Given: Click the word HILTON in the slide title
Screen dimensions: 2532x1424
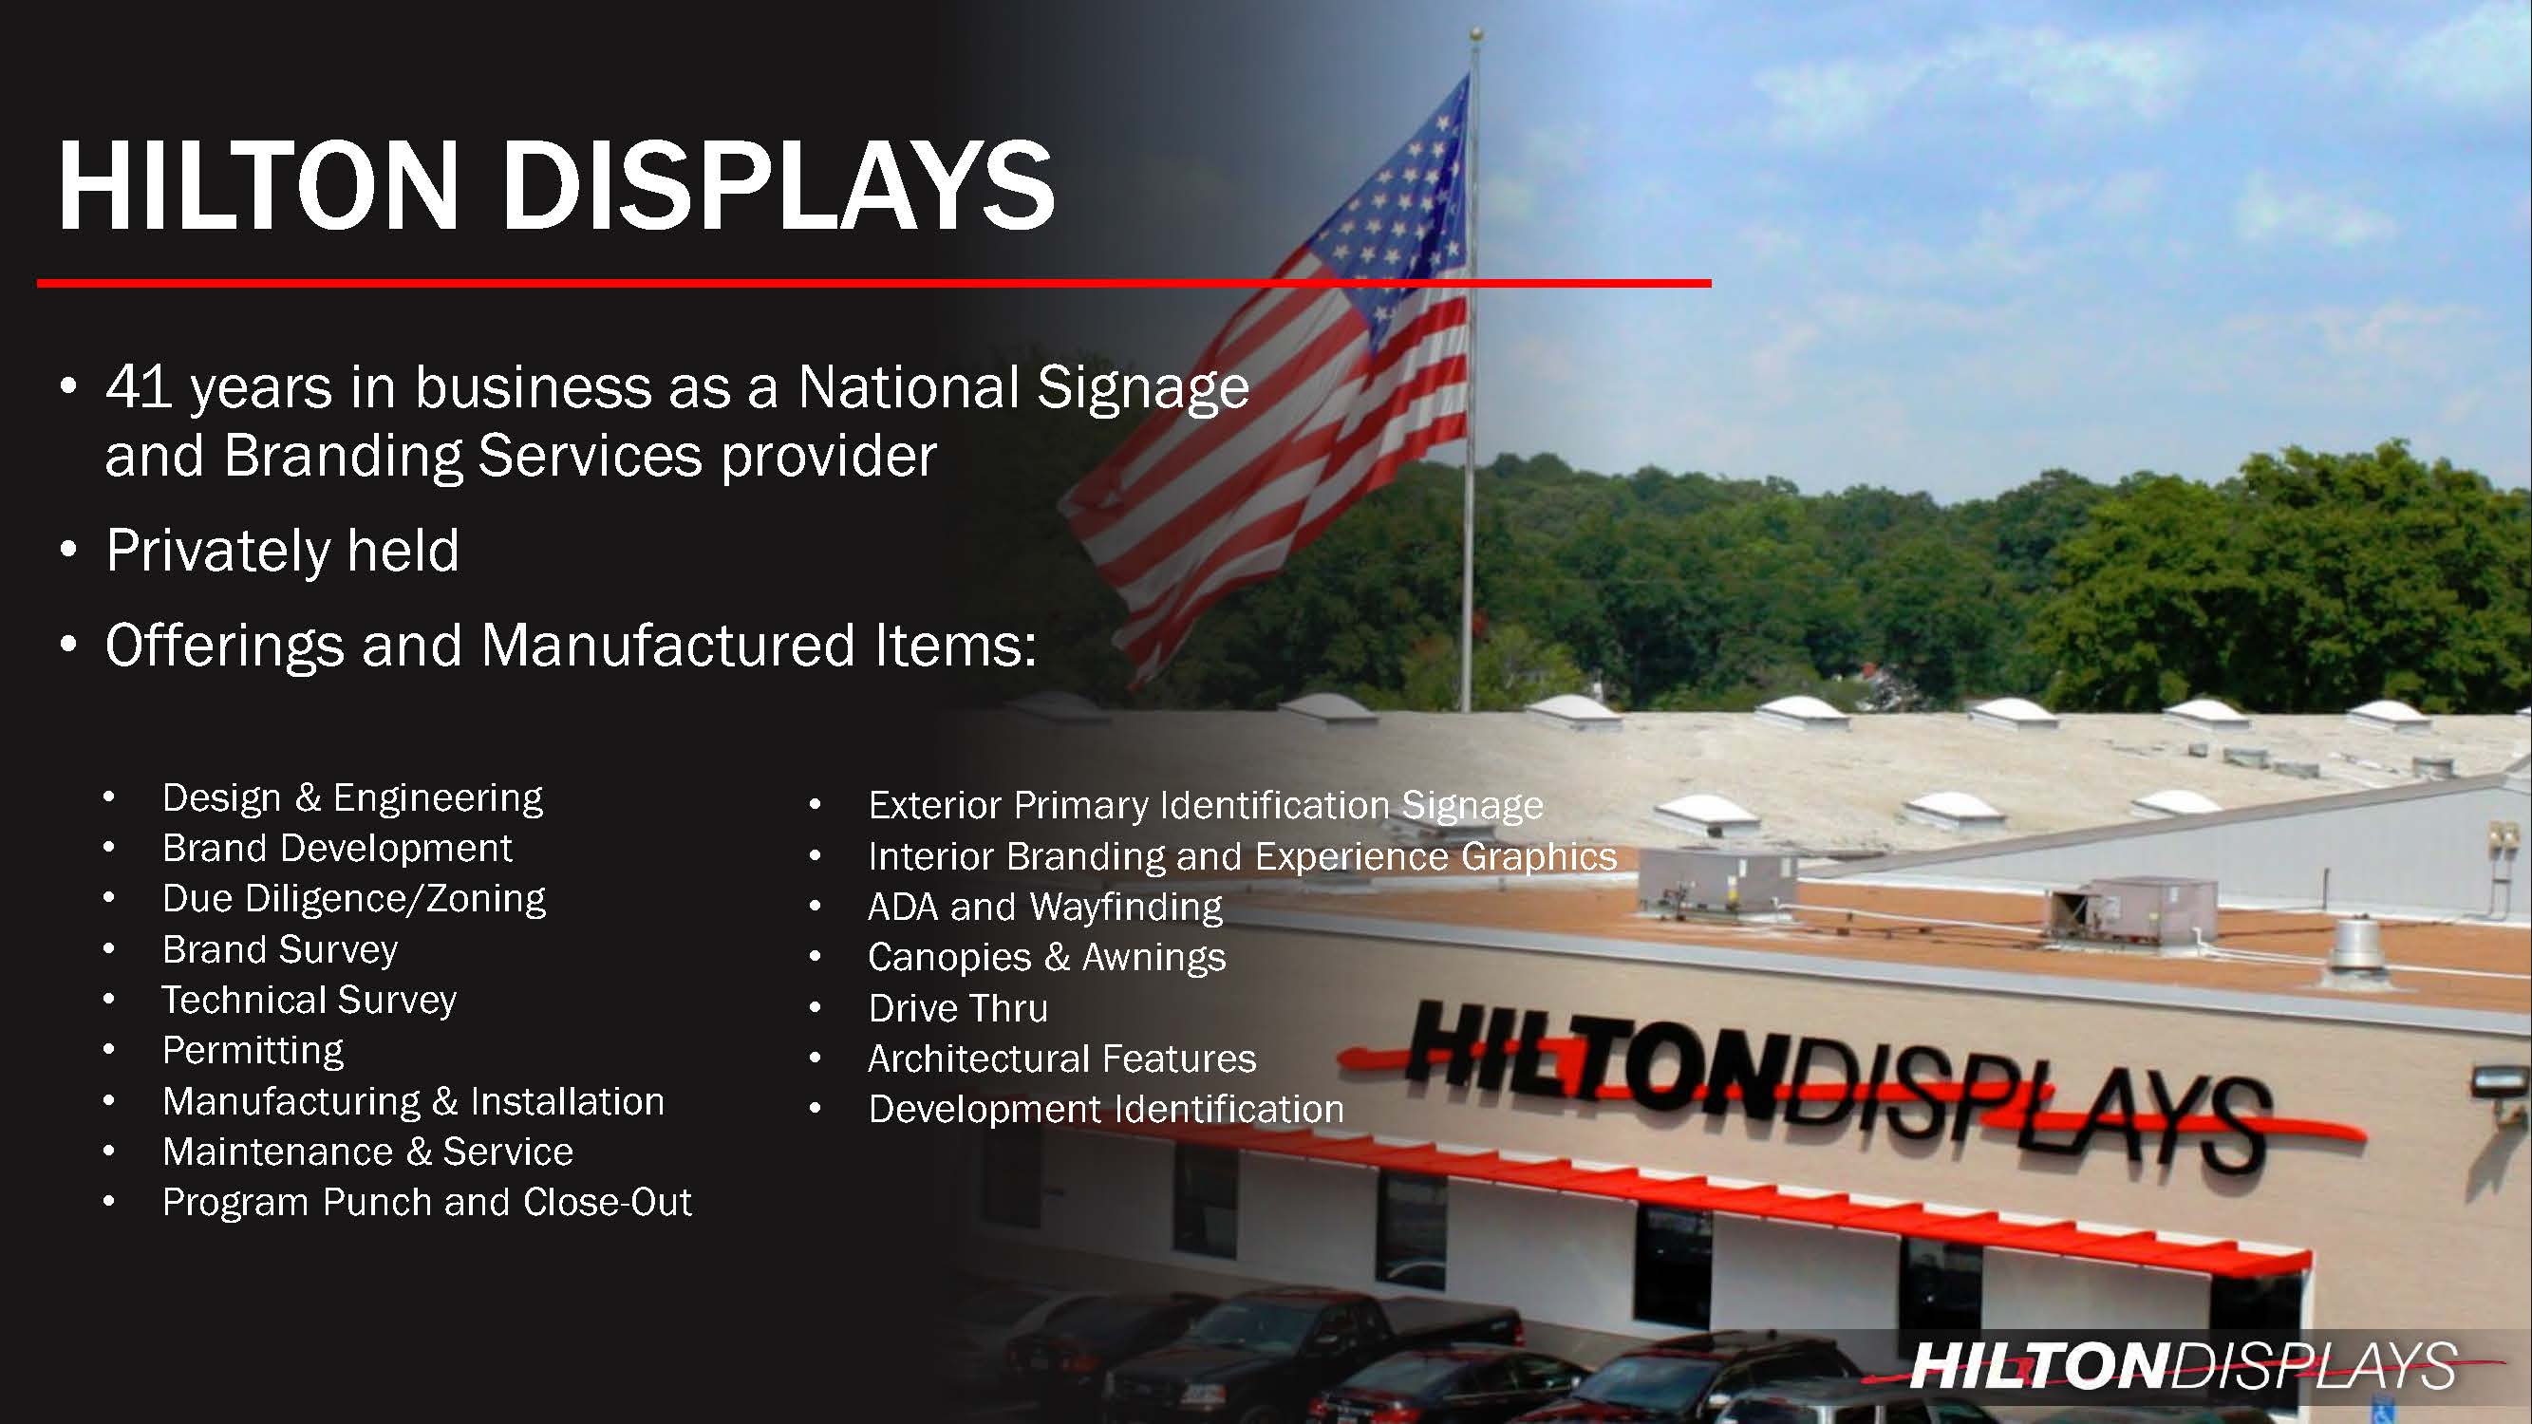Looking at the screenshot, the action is (258, 186).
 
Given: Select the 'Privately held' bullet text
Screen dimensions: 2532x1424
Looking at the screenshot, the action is (282, 551).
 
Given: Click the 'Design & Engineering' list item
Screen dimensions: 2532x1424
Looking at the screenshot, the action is (352, 798).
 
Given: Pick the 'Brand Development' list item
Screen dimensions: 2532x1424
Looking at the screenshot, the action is (337, 848).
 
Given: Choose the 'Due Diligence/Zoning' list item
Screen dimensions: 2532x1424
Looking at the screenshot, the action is (354, 899).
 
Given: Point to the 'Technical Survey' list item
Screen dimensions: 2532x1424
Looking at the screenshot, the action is (309, 1001).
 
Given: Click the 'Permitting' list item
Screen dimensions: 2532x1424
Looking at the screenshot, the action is (253, 1051).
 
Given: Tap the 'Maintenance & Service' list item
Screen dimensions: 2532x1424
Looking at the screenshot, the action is (367, 1152).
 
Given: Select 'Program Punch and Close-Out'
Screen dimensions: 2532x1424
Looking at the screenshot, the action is (426, 1203).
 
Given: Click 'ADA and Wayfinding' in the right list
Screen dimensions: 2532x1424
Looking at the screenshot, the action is (1045, 907).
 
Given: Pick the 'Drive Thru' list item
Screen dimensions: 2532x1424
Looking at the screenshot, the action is (957, 1008).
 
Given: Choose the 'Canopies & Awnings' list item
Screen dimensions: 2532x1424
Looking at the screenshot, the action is (1047, 958).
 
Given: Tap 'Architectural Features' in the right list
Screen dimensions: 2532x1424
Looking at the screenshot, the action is (1061, 1059).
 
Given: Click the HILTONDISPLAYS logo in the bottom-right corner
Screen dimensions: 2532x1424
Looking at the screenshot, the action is (2182, 1365).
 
